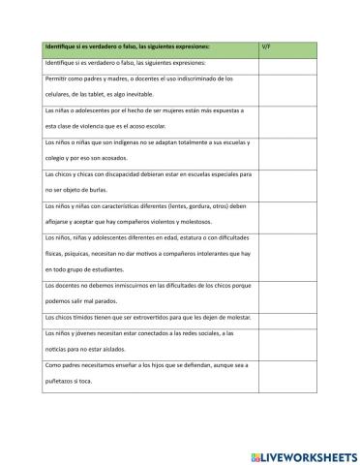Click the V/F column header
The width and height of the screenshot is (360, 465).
tap(267, 46)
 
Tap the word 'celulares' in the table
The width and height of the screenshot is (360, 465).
tap(61, 94)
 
